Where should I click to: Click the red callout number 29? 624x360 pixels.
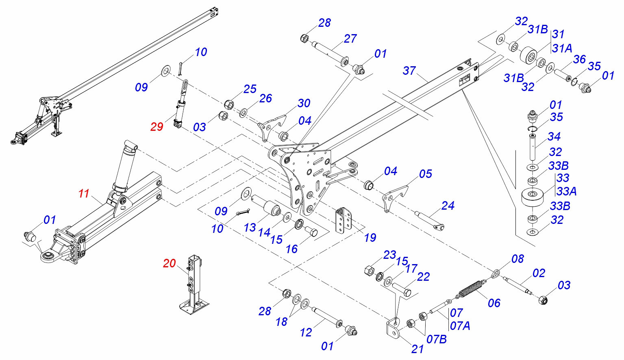(157, 127)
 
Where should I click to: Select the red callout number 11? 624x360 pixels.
(84, 193)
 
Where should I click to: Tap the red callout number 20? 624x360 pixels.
(169, 263)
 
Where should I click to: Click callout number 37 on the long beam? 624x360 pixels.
(409, 70)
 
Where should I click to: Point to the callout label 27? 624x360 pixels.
(350, 39)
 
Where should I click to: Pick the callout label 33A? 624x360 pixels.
(566, 191)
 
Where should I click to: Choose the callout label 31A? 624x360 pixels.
(563, 48)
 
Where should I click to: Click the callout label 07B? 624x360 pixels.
(437, 339)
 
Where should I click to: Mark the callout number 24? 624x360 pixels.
(448, 206)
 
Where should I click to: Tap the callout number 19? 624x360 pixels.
(370, 237)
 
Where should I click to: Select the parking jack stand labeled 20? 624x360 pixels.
(195, 284)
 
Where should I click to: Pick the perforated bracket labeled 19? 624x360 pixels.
(343, 220)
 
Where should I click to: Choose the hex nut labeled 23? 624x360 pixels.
(370, 270)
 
